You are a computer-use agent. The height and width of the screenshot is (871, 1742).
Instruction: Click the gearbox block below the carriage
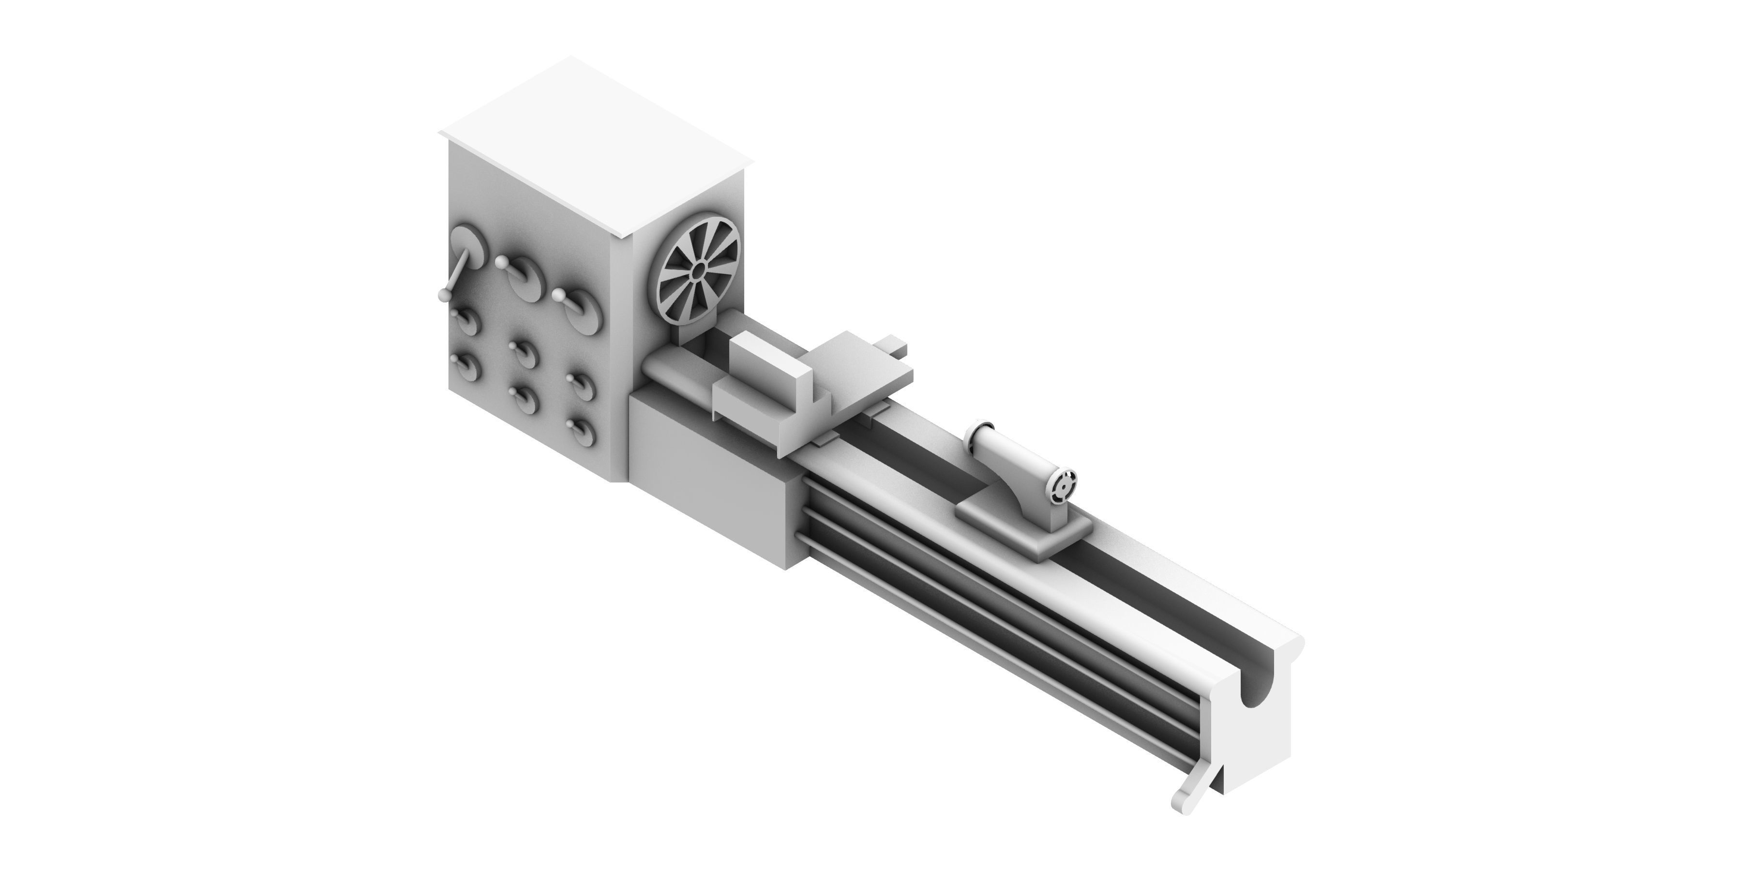click(x=717, y=473)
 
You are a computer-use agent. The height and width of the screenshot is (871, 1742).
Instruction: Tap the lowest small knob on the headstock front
click(x=580, y=429)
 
